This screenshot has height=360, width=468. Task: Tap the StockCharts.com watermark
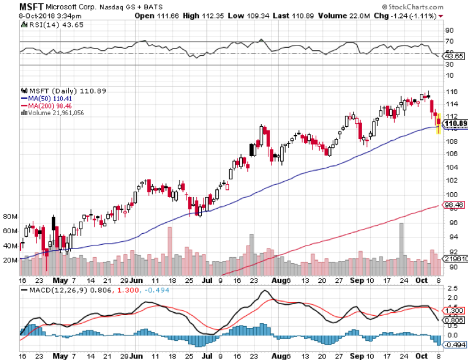click(x=413, y=8)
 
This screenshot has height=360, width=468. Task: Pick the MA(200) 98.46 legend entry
click(x=46, y=106)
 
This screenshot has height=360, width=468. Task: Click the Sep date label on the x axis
click(x=355, y=280)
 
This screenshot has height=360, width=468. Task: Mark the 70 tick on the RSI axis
click(x=450, y=42)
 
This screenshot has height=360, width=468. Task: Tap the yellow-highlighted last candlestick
click(x=438, y=124)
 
